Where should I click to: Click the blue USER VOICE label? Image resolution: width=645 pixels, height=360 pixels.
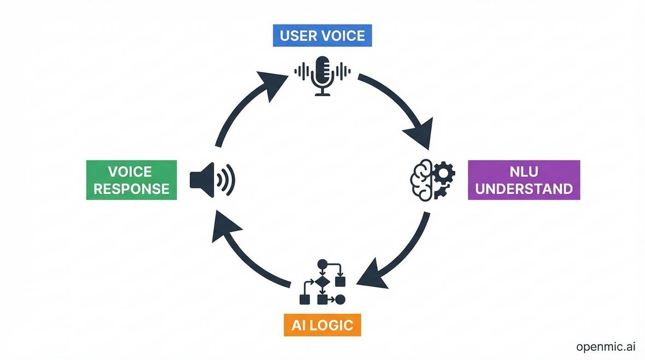[x=322, y=36]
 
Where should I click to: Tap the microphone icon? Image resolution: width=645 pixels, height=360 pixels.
[x=322, y=75]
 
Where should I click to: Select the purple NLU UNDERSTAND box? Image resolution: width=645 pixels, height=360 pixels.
[x=524, y=180]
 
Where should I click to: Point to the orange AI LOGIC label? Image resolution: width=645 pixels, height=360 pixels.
[x=322, y=326]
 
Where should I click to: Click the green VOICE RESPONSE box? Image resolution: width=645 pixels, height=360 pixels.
[x=131, y=180]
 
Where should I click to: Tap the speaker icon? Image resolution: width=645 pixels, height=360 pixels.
[x=212, y=179]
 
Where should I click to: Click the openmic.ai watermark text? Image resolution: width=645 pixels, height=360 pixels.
[x=605, y=347]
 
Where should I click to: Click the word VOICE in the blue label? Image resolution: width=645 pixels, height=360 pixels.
[x=343, y=36]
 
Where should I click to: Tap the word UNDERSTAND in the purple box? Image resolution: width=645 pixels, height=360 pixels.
[x=524, y=189]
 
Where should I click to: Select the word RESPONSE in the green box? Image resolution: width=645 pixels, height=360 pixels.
[x=131, y=189]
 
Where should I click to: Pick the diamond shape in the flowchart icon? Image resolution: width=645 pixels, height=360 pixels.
[x=322, y=282]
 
